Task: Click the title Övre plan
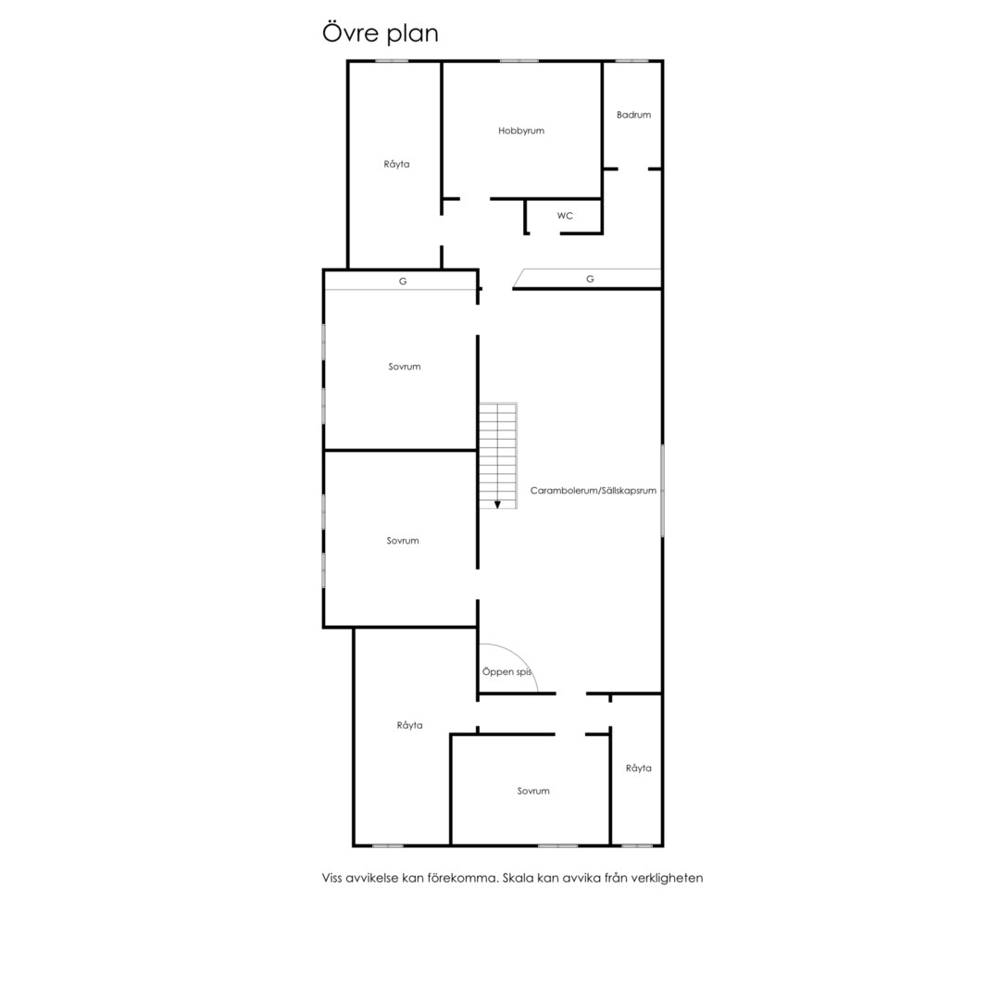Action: click(x=381, y=33)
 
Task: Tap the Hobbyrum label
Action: click(x=521, y=131)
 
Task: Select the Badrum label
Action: click(x=633, y=115)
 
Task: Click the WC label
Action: click(x=565, y=216)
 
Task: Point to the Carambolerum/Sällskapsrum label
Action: click(x=594, y=491)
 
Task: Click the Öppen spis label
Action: click(x=507, y=671)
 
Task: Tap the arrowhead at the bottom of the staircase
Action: click(x=497, y=505)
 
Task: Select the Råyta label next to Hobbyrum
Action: click(x=396, y=164)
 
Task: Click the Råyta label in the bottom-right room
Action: click(x=638, y=768)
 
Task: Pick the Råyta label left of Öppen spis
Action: click(x=409, y=725)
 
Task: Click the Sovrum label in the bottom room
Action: click(x=533, y=791)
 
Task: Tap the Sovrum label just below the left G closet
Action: click(x=405, y=367)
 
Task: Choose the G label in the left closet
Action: click(x=403, y=281)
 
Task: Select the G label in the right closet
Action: click(x=590, y=279)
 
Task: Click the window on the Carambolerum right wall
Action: click(x=663, y=491)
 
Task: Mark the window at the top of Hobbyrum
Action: click(x=519, y=60)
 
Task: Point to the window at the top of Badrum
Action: click(x=631, y=60)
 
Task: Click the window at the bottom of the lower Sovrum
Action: click(x=558, y=845)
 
